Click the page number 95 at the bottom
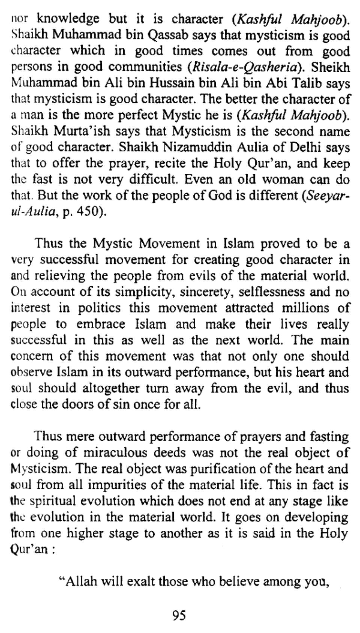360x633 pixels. click(x=179, y=615)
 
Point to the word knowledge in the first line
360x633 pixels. click(x=69, y=19)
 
